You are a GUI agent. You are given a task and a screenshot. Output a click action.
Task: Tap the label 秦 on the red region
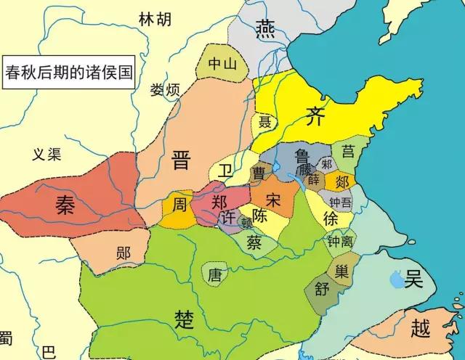point(67,205)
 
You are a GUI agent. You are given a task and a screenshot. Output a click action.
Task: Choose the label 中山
point(222,64)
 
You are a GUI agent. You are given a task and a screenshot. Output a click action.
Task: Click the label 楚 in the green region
point(185,317)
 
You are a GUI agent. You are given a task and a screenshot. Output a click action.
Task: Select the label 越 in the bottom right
point(420,328)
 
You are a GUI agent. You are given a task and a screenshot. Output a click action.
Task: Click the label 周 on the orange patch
point(178,205)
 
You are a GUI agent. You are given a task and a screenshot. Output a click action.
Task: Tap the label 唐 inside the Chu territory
point(214,275)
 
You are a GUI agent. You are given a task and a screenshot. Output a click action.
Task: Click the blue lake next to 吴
point(396,277)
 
